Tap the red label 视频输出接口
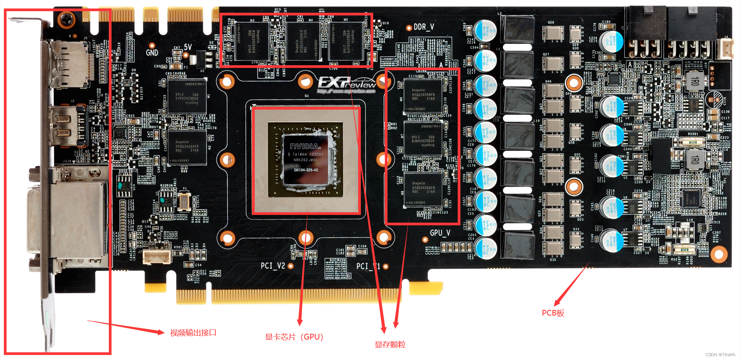pyautogui.click(x=193, y=333)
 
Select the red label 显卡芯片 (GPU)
pyautogui.click(x=294, y=337)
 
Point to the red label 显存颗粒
pyautogui.click(x=390, y=345)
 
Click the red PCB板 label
pyautogui.click(x=553, y=313)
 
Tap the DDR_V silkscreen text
pyautogui.click(x=423, y=27)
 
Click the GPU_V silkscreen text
pyautogui.click(x=440, y=233)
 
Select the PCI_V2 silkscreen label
pyautogui.click(x=272, y=265)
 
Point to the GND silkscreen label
pyautogui.click(x=152, y=52)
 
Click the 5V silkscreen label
pyautogui.click(x=188, y=47)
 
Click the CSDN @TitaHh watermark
pyautogui.click(x=720, y=355)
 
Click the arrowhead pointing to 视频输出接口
pyautogui.click(x=160, y=332)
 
